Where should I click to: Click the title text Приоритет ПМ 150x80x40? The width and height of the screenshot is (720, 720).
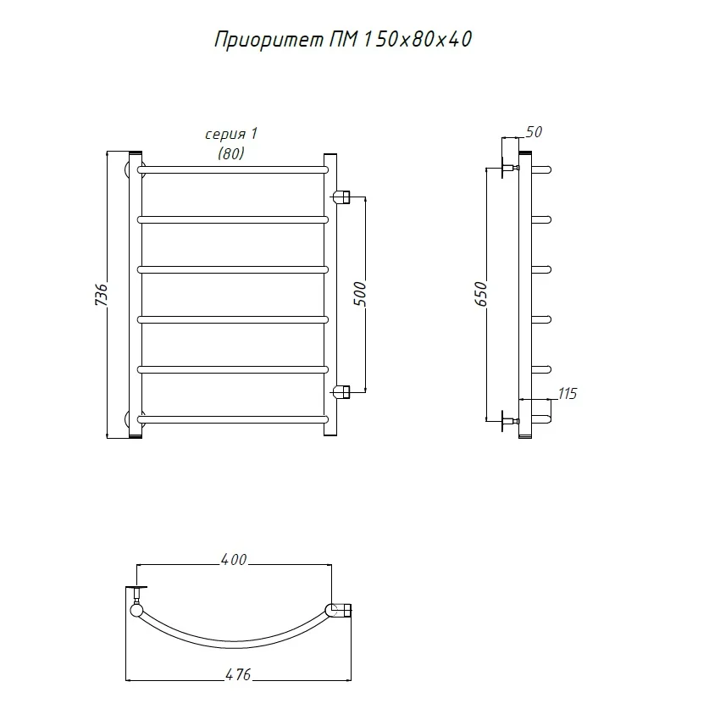pos(343,40)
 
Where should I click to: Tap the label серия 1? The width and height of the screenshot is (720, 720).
pos(231,134)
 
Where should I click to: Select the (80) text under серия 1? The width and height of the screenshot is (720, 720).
pos(231,153)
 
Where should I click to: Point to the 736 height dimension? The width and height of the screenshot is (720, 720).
pos(102,295)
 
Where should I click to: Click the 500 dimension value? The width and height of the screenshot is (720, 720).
pos(361,294)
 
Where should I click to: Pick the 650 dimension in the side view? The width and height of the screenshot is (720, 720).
pos(480,294)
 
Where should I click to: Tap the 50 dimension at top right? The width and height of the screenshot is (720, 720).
pos(534,132)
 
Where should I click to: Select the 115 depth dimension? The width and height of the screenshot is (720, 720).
pos(567,394)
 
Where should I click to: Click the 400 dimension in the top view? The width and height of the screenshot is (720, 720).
pos(234,560)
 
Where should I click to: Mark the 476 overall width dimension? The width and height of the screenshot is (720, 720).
pos(238,674)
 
